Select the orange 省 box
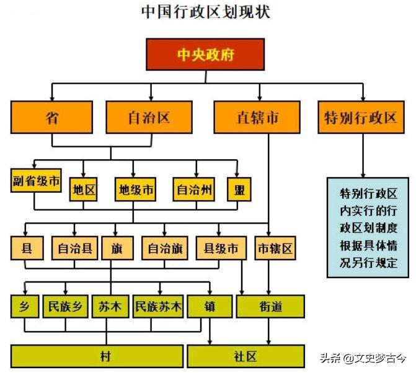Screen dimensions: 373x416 pyautogui.click(x=52, y=116)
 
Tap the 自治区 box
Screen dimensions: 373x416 pyautogui.click(x=149, y=116)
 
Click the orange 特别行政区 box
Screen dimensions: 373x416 pyautogui.click(x=361, y=116)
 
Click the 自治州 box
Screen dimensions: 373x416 pyautogui.click(x=193, y=190)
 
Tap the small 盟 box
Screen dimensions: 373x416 pyautogui.click(x=239, y=190)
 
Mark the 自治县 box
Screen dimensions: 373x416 pyautogui.click(x=74, y=249)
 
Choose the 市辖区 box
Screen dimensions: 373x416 pyautogui.click(x=275, y=249)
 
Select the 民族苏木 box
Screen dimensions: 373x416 pyautogui.click(x=158, y=306)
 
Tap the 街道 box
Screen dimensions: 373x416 pyautogui.click(x=271, y=306)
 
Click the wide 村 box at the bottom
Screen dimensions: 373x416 pyautogui.click(x=97, y=356)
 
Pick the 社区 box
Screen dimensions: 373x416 pyautogui.click(x=246, y=356)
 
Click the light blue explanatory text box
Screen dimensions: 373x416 pyautogui.click(x=368, y=227)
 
